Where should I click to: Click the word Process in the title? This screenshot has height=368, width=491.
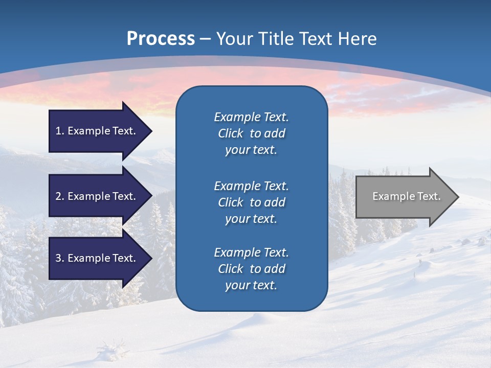pyautogui.click(x=161, y=39)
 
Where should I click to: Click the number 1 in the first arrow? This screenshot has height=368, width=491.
pyautogui.click(x=58, y=131)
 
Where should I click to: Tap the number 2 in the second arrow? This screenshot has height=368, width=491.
pyautogui.click(x=58, y=196)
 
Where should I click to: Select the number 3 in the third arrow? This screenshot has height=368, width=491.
pyautogui.click(x=58, y=258)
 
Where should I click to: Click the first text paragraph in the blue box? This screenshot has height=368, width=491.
pyautogui.click(x=251, y=133)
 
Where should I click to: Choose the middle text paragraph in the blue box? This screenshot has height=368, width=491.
pyautogui.click(x=251, y=202)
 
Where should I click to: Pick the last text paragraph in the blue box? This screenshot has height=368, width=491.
pyautogui.click(x=251, y=269)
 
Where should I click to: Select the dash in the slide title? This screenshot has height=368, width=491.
pyautogui.click(x=206, y=39)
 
